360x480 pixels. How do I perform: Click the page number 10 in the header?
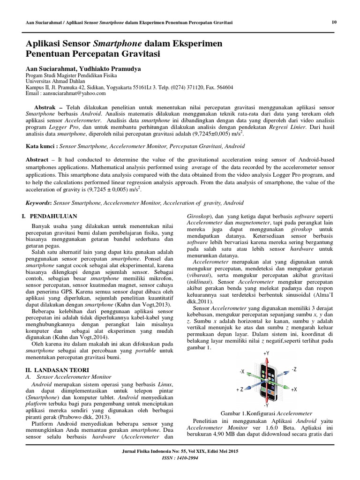(334, 22)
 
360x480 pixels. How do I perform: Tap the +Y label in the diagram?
(266, 353)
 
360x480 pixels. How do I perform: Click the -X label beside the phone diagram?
(242, 371)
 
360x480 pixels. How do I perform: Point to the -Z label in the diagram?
(293, 369)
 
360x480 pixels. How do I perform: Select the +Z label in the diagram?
(239, 390)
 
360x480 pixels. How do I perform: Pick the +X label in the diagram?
(294, 390)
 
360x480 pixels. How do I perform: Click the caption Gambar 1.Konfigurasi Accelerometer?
(266, 413)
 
